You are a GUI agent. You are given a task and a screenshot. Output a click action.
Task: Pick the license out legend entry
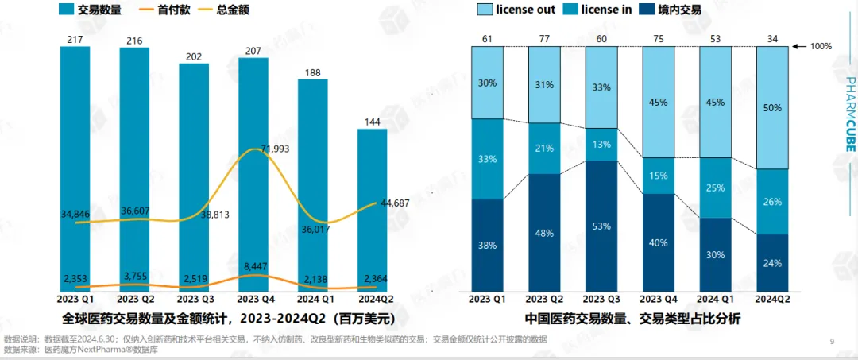pos(516,10)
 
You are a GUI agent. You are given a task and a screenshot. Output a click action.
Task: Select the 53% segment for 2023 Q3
pos(601,226)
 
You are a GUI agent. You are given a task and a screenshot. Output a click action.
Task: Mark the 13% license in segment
pos(601,145)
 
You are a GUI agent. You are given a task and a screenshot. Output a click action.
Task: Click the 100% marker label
pos(820,46)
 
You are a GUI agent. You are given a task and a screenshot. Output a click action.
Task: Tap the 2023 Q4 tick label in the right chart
pos(659,300)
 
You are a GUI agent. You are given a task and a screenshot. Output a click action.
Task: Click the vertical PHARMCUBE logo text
pos(849,123)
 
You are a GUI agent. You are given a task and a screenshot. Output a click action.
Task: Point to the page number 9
pos(832,342)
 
